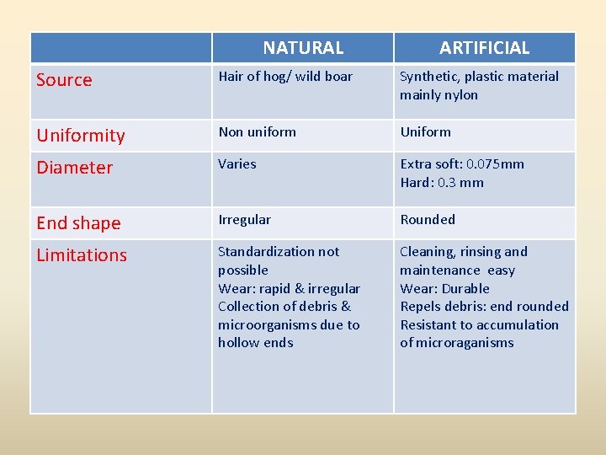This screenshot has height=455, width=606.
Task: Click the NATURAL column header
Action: [x=303, y=48]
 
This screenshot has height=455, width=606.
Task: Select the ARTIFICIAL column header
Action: [x=484, y=48]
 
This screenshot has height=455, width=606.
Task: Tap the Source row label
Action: [x=64, y=80]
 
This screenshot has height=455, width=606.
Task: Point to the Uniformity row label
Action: [x=81, y=136]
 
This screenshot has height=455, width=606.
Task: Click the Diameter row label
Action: [x=74, y=168]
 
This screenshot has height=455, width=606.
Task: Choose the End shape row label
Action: [x=78, y=223]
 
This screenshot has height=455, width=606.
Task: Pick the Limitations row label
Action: [x=82, y=255]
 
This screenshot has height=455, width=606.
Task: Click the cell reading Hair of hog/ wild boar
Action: [x=285, y=77]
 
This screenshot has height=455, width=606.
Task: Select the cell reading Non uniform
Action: [x=257, y=132]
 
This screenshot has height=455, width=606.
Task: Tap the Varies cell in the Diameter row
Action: [x=237, y=164]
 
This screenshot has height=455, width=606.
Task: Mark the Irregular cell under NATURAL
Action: [x=244, y=220]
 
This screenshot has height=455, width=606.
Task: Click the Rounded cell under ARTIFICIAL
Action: [x=428, y=220]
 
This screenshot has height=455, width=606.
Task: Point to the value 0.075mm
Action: [x=496, y=164]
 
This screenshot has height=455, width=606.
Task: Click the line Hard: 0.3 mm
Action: [x=442, y=183]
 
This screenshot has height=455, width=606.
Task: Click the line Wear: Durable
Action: [x=444, y=289]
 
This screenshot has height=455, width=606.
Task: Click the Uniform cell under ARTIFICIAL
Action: [x=425, y=132]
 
